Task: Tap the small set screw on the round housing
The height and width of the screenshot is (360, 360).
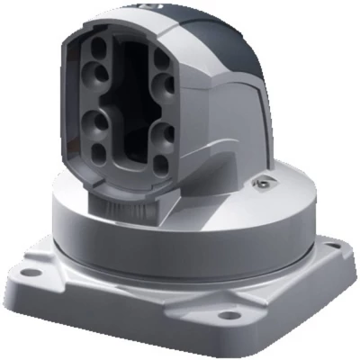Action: tap(261, 184)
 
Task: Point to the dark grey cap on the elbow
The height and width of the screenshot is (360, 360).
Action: tap(229, 36)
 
